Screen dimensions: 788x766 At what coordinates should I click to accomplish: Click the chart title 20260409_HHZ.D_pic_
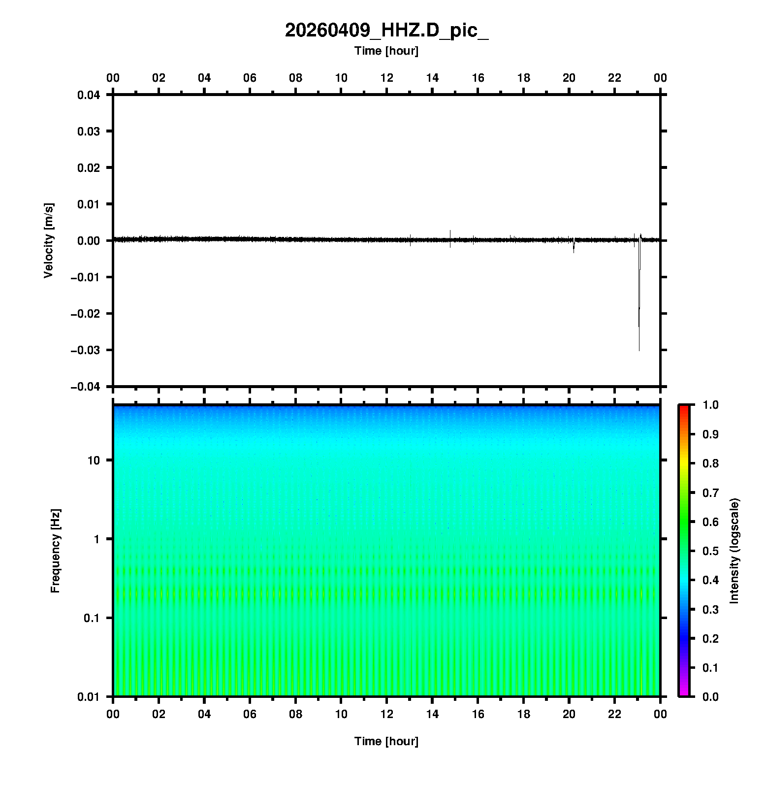[386, 31]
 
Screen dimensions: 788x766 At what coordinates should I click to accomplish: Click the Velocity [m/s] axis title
[48, 241]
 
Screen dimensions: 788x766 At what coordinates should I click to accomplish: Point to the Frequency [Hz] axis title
[55, 551]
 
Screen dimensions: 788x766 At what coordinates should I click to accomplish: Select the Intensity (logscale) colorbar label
[734, 551]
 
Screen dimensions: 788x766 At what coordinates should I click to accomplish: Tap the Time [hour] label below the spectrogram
[386, 741]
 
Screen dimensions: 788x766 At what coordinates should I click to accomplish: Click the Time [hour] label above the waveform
[386, 51]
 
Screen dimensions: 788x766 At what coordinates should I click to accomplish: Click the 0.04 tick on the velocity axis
[89, 95]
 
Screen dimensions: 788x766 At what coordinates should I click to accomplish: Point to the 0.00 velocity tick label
[89, 241]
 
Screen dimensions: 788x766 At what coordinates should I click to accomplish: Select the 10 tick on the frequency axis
[94, 460]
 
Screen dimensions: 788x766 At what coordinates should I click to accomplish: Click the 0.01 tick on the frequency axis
[89, 696]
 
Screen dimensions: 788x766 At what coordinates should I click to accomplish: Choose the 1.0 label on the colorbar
[711, 405]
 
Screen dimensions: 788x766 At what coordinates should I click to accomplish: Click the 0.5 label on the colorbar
[711, 551]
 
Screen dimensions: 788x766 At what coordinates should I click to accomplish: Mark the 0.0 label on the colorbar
[711, 696]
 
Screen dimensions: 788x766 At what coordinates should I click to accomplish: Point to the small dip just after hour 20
[574, 249]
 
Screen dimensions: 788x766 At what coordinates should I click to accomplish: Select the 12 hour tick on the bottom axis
[387, 714]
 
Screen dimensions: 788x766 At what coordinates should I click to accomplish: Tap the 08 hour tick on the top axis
[295, 78]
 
